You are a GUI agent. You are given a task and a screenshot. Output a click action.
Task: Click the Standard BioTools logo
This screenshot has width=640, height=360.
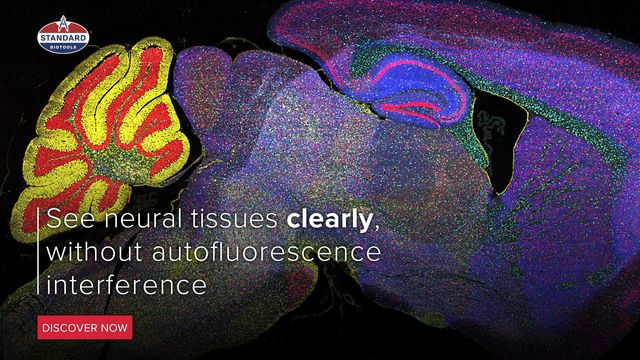click(63, 36)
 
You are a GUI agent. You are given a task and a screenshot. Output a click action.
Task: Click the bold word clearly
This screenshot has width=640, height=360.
click(329, 220)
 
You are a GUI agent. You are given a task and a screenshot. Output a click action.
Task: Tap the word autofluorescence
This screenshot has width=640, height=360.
click(266, 252)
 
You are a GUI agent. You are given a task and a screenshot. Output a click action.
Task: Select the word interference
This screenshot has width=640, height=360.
click(127, 284)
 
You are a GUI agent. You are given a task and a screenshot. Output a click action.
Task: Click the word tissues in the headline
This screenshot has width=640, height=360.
click(234, 219)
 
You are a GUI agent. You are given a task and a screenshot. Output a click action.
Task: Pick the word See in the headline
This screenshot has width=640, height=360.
click(71, 219)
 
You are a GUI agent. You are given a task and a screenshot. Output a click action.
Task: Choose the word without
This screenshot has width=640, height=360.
click(94, 252)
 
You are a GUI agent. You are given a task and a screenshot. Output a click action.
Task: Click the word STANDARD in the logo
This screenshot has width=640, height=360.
click(63, 38)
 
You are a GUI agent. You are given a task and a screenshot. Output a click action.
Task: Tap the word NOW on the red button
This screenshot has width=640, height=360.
click(114, 328)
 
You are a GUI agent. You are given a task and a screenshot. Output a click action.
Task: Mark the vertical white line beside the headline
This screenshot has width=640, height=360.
click(38, 251)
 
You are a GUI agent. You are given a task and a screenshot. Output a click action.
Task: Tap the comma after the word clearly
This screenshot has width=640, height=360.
click(377, 227)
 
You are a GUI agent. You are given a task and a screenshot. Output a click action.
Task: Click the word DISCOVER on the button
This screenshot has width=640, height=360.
click(70, 328)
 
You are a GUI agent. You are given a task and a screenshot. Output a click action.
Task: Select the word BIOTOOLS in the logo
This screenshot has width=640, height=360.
click(63, 47)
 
